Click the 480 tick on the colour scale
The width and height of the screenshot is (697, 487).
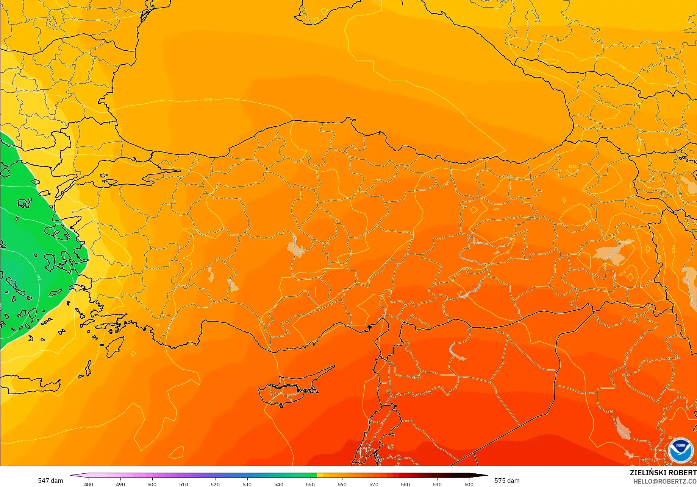pos(88,484)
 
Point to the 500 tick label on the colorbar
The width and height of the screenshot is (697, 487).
pos(152,484)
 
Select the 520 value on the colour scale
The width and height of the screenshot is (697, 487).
pos(215,484)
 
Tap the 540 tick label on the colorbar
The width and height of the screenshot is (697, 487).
pos(279,484)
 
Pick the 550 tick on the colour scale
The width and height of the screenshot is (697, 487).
pos(310,484)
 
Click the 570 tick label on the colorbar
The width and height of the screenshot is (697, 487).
pos(374,484)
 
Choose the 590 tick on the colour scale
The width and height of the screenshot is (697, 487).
pos(437,484)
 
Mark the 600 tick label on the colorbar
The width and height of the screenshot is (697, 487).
pos(469,484)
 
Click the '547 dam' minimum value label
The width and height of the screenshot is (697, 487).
pos(50,481)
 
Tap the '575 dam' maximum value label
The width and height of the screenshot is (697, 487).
pos(507,481)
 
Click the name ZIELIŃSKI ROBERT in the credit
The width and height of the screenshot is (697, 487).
pos(663,473)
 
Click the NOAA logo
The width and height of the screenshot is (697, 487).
pos(680,450)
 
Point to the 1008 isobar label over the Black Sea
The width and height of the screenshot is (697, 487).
pos(208,100)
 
